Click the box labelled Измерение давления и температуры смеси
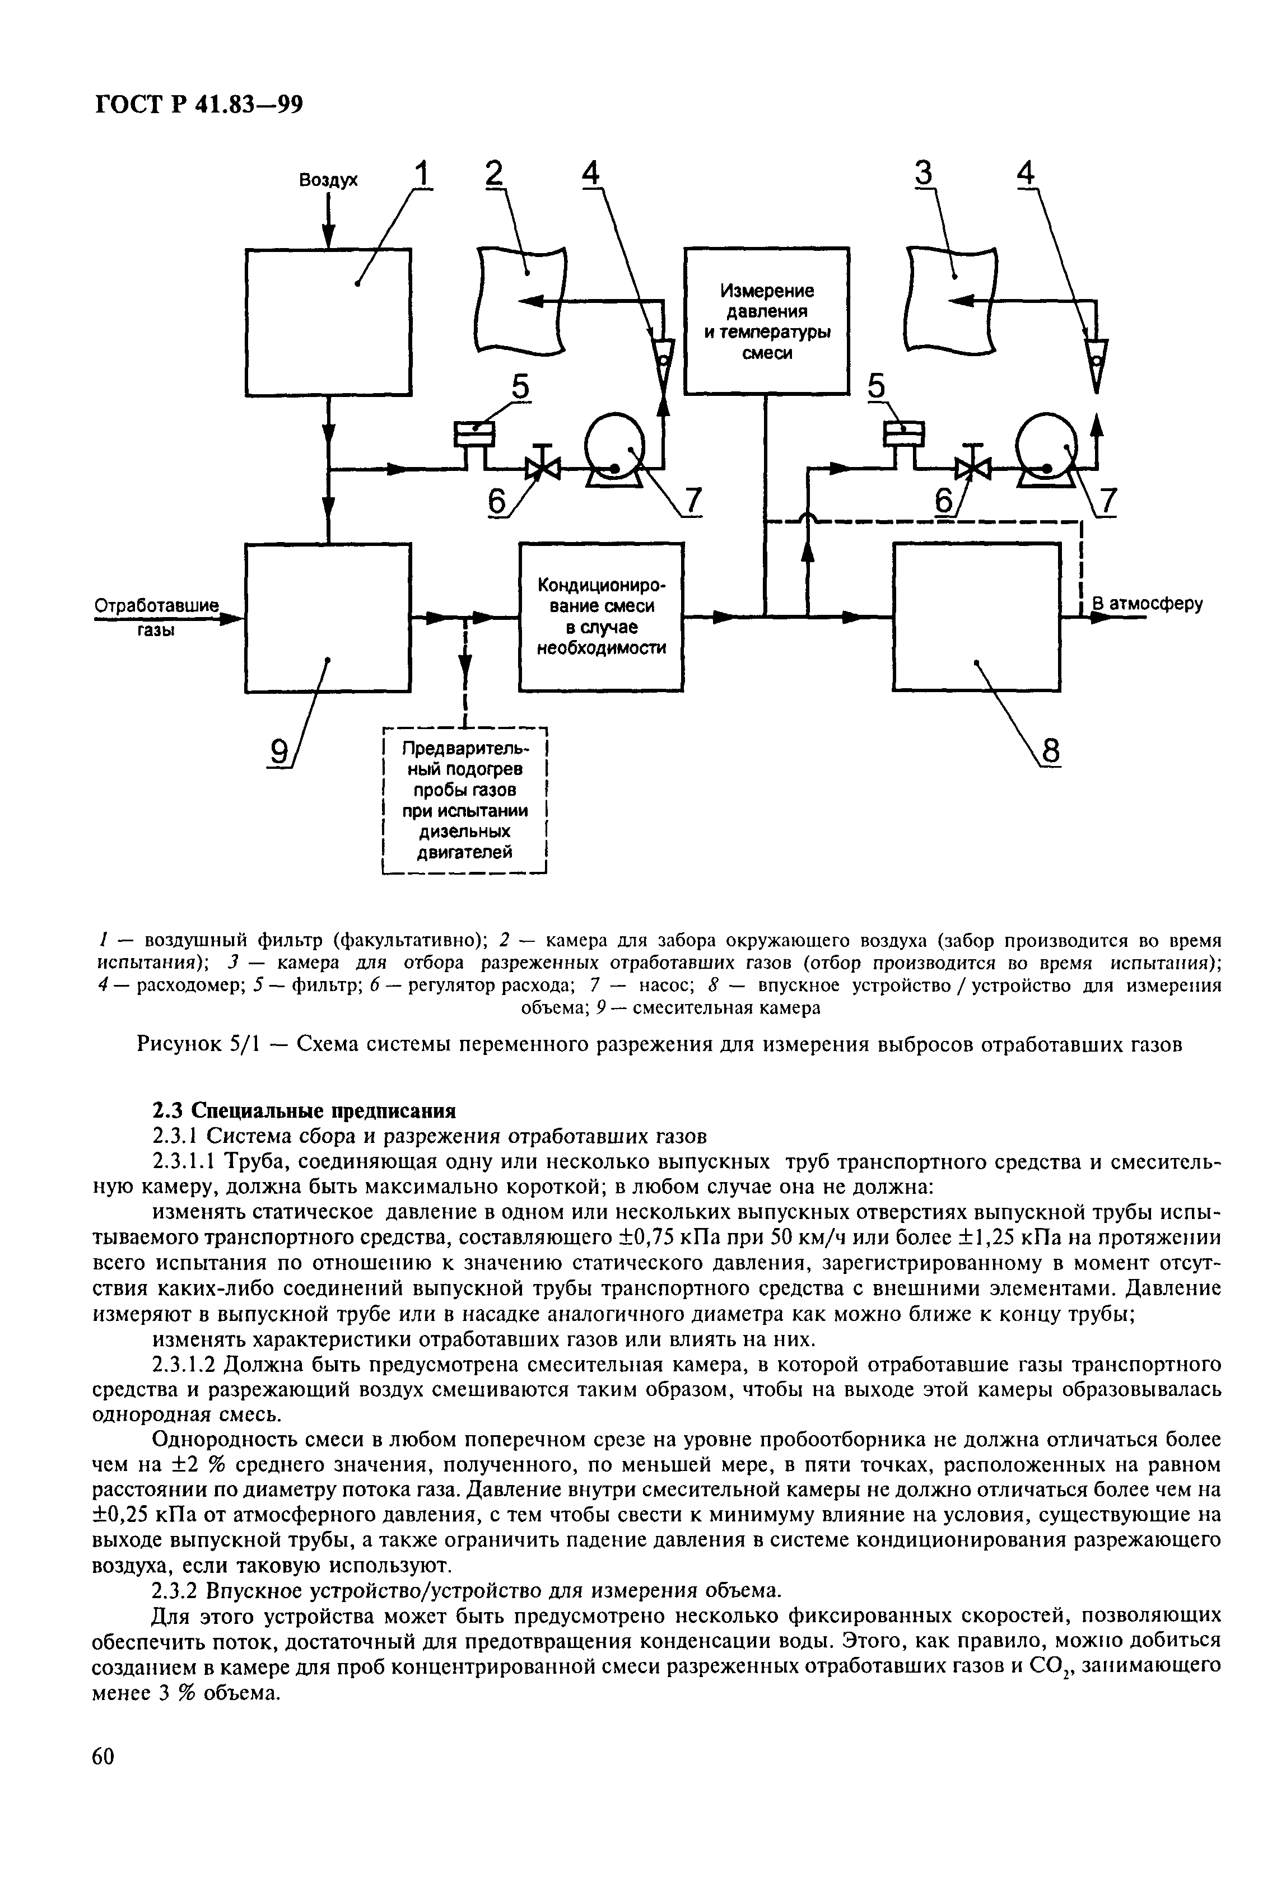766,321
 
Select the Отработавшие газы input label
157,617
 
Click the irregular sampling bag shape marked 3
952,301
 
